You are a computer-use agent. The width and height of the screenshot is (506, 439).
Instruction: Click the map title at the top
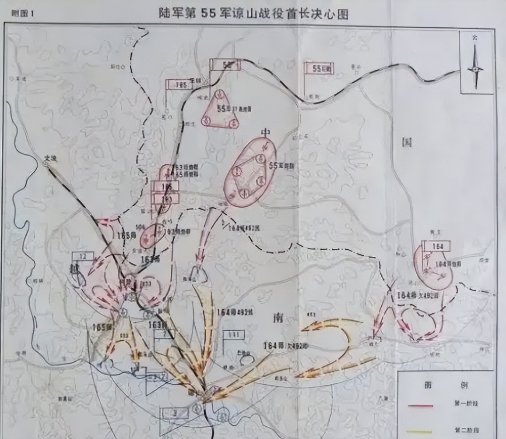(x=253, y=14)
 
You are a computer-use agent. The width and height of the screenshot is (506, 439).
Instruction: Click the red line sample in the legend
(x=420, y=406)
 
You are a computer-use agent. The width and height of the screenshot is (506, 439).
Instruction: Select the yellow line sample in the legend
(x=420, y=431)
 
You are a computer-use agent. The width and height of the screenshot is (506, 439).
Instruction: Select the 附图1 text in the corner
(x=22, y=13)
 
